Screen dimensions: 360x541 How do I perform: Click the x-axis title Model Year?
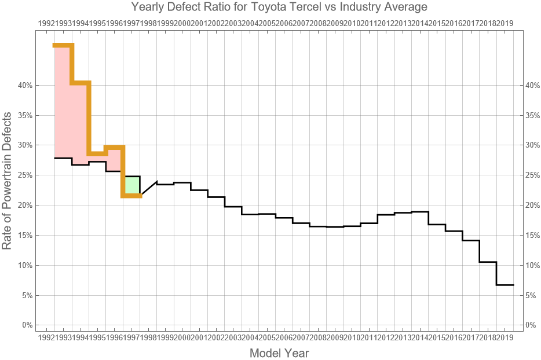pyautogui.click(x=279, y=352)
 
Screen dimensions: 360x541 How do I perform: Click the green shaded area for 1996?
pyautogui.click(x=132, y=185)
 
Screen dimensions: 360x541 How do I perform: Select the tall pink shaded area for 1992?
pyautogui.click(x=63, y=101)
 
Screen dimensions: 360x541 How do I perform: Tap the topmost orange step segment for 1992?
pyautogui.click(x=63, y=45)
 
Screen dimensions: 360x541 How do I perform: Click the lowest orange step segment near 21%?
pyautogui.click(x=132, y=196)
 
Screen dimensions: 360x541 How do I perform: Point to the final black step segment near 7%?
pyautogui.click(x=505, y=285)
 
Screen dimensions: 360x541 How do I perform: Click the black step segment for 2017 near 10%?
pyautogui.click(x=488, y=262)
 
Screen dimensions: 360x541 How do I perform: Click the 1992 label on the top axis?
pyautogui.click(x=46, y=23)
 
